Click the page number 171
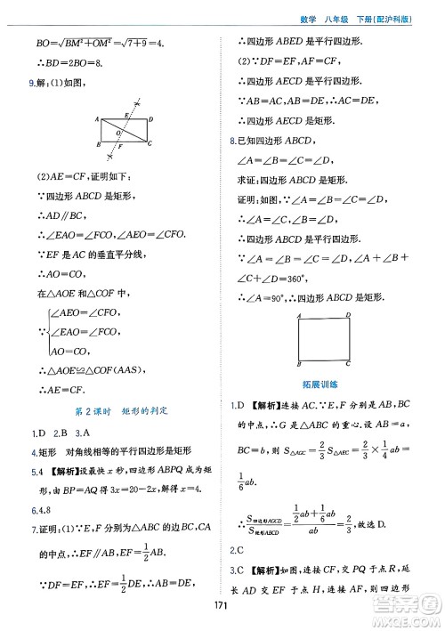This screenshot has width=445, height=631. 222,609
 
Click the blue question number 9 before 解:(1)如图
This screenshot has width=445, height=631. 32,84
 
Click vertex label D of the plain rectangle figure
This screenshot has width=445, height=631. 347,315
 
